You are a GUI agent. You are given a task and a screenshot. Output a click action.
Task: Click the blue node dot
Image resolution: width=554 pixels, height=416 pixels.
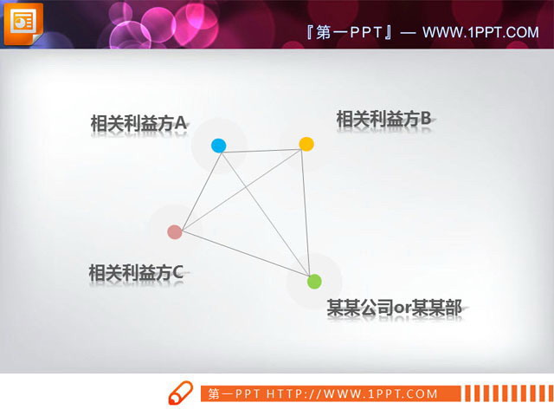click(x=218, y=146)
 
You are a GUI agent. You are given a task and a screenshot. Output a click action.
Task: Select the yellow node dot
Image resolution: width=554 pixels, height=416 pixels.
click(x=306, y=143)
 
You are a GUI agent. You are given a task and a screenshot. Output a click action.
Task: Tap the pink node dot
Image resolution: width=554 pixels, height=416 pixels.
click(x=175, y=231)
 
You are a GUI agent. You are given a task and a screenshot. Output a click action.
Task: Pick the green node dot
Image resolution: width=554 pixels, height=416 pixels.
click(x=314, y=281)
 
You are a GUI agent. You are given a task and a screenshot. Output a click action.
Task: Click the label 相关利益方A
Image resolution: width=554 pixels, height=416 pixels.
click(x=138, y=124)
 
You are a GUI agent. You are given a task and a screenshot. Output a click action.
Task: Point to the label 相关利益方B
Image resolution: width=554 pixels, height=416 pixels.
click(x=383, y=119)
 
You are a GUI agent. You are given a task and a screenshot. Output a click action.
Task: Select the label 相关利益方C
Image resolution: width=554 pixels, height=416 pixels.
click(x=135, y=273)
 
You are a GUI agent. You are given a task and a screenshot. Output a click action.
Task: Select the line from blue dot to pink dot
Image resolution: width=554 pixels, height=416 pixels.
click(x=196, y=188)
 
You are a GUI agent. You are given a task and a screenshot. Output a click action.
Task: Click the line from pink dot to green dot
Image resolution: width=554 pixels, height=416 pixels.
click(x=244, y=256)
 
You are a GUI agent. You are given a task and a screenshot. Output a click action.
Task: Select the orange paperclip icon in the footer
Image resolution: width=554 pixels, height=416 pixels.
click(x=179, y=393)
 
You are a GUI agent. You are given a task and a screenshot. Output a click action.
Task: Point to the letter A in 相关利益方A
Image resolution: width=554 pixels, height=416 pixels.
click(x=181, y=124)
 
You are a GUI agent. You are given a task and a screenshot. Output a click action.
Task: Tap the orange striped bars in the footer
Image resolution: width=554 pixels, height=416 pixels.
click(x=506, y=393)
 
